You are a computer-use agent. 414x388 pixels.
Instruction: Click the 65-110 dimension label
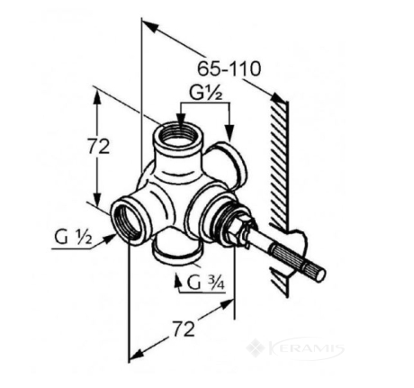click(229, 69)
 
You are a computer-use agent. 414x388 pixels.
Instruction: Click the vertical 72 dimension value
click(99, 148)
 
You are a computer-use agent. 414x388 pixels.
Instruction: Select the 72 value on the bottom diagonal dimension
click(184, 329)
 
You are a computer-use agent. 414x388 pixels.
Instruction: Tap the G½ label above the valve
click(205, 94)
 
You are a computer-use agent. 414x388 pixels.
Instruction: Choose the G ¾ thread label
click(206, 282)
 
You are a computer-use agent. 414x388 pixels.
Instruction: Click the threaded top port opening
click(179, 135)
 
